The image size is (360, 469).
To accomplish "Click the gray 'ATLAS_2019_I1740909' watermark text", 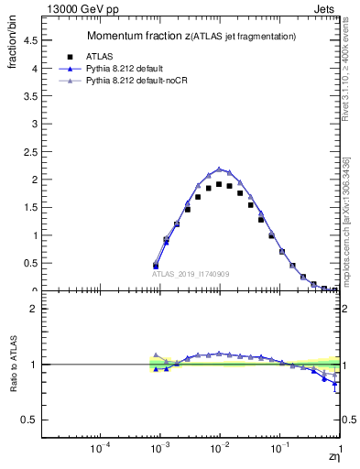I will click(191, 274).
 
